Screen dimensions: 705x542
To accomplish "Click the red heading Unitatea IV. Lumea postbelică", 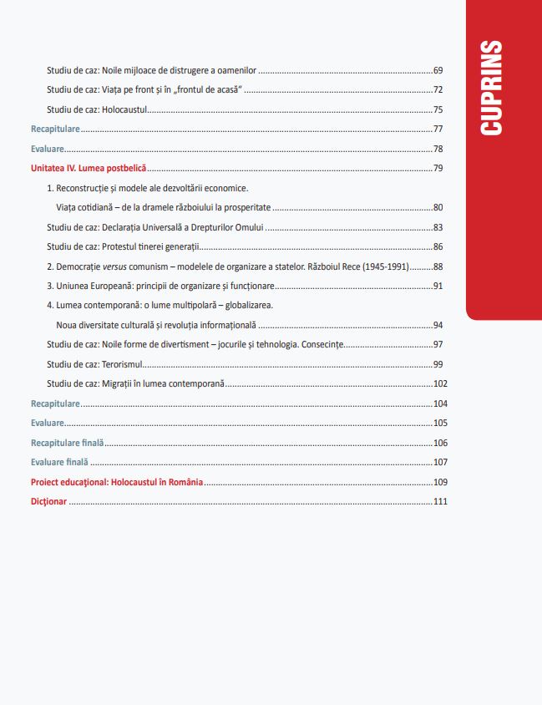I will click(x=89, y=169).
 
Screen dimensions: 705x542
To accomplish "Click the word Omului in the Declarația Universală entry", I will click(x=246, y=227).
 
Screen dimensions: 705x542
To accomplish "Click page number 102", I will click(x=441, y=384).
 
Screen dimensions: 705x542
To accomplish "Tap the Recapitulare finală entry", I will click(x=68, y=443).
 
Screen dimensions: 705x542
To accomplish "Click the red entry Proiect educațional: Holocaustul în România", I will click(x=117, y=482).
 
